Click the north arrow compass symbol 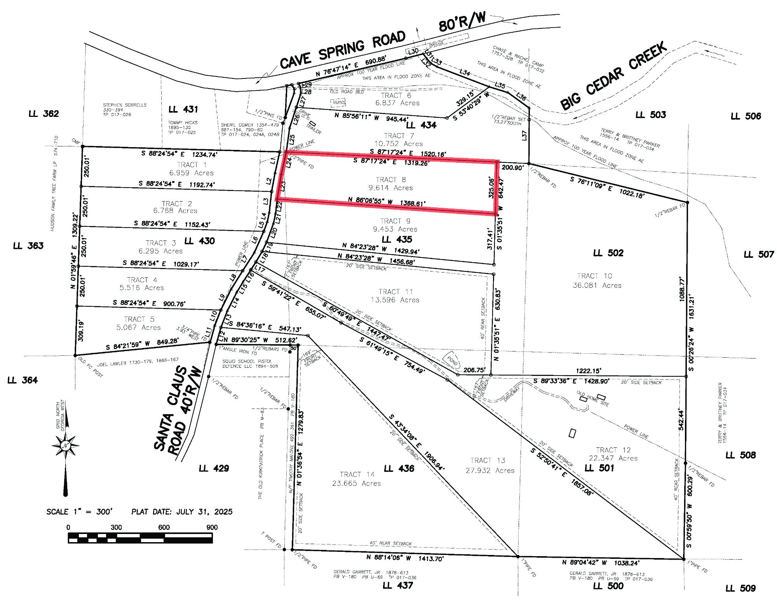tap(65, 446)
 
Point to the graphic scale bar tap(140, 537)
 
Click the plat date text tap(182, 511)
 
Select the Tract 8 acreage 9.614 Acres tap(390, 188)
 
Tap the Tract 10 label tap(594, 276)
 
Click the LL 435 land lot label tap(397, 240)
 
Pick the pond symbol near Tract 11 tap(452, 361)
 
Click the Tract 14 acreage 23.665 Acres tap(356, 484)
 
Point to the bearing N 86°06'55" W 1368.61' tap(387, 202)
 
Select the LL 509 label tap(740, 588)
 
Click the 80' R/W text tap(462, 22)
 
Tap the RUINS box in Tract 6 tap(338, 103)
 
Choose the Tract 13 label tap(488, 461)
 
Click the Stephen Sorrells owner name tap(125, 105)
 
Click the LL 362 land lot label tap(44, 114)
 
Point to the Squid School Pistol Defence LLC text tap(250, 364)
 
